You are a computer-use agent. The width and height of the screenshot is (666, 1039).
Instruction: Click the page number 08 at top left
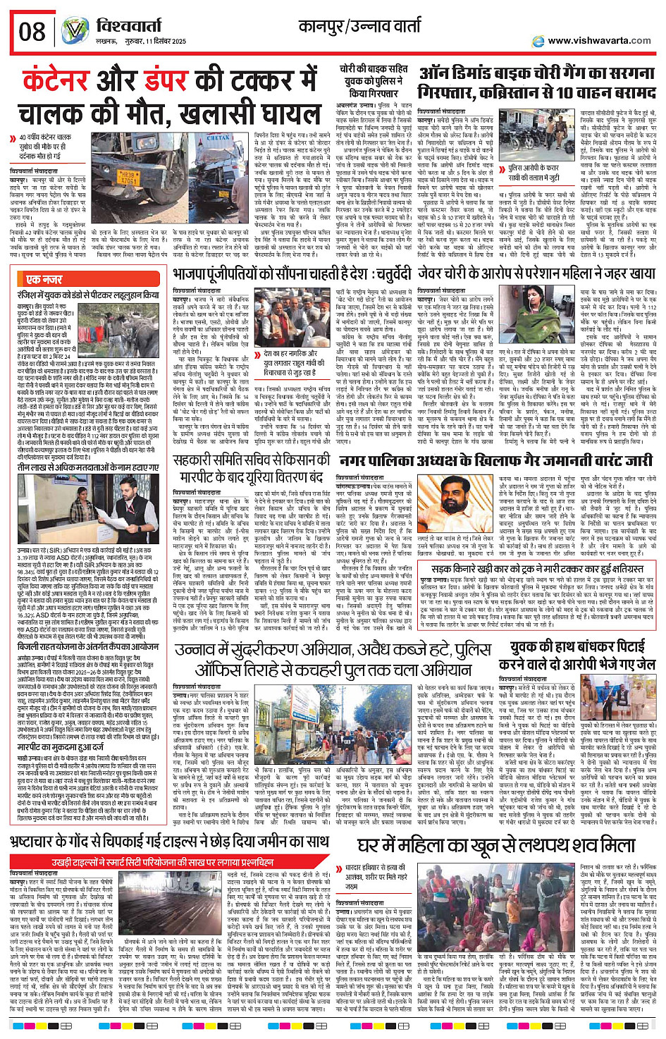point(32,31)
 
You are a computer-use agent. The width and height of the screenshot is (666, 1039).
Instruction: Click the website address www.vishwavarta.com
point(599,40)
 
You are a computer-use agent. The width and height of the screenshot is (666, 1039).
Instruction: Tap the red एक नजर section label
point(44,279)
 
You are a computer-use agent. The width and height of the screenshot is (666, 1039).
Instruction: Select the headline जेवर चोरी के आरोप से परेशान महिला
point(536,273)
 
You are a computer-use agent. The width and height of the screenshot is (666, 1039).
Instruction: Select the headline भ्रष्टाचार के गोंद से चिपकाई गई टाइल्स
point(169,842)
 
